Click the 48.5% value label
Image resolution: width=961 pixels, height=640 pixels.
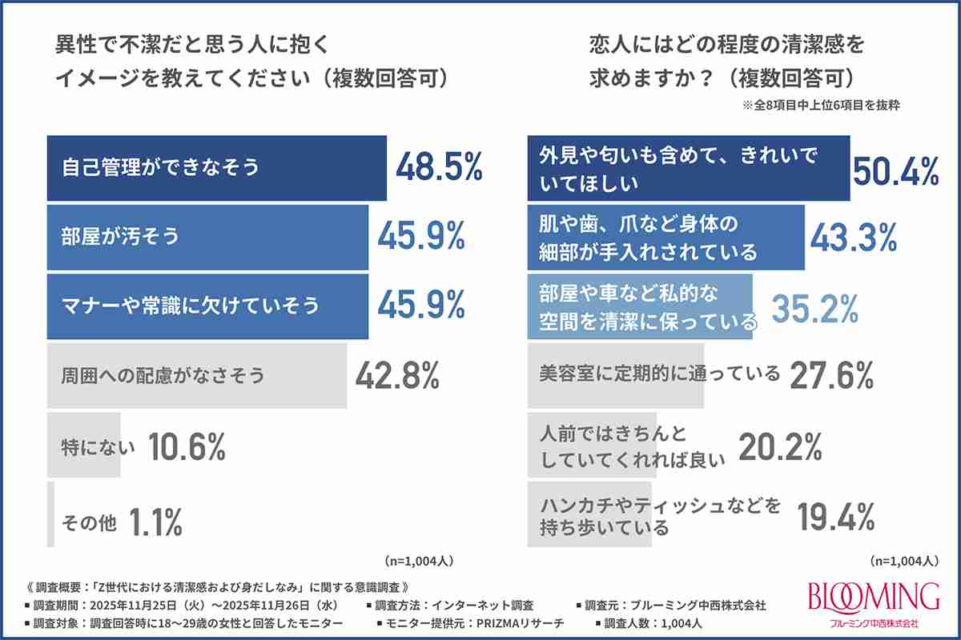click(x=439, y=168)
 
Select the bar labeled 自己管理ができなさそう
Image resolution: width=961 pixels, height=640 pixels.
click(x=216, y=168)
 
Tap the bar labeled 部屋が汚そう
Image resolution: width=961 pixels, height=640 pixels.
click(x=207, y=237)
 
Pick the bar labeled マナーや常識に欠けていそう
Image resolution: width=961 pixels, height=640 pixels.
click(x=207, y=306)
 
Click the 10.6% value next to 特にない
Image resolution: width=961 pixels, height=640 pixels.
click(x=186, y=446)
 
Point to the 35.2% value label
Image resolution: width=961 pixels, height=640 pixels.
click(x=814, y=306)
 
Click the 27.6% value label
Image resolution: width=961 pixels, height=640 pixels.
click(x=831, y=374)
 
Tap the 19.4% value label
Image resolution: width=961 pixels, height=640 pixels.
click(x=836, y=517)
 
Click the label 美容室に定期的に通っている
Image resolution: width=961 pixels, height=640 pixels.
click(x=658, y=374)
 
